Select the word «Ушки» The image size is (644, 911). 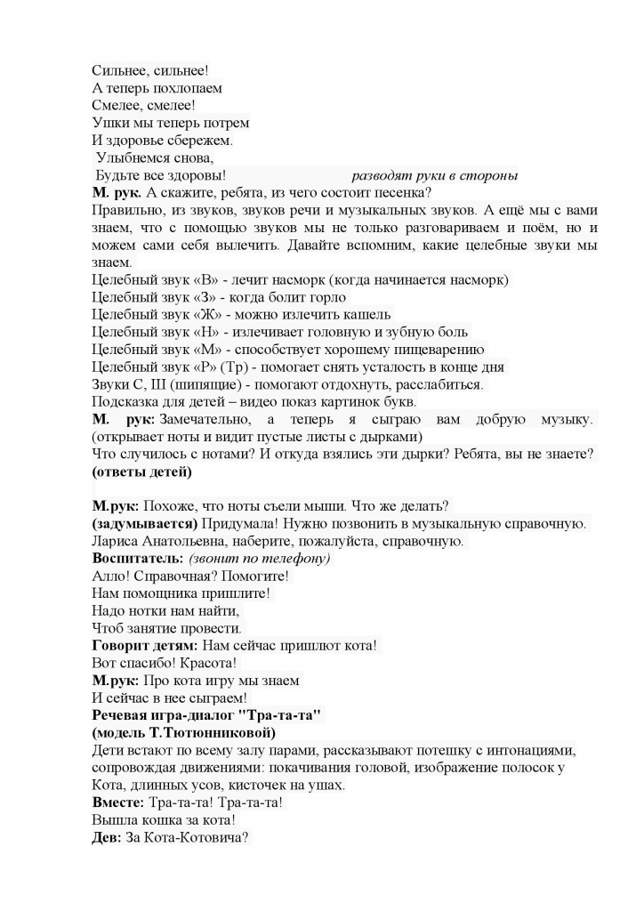pyautogui.click(x=109, y=123)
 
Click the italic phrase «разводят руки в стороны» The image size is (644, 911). pyautogui.click(x=435, y=175)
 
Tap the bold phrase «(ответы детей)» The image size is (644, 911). pyautogui.click(x=142, y=471)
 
